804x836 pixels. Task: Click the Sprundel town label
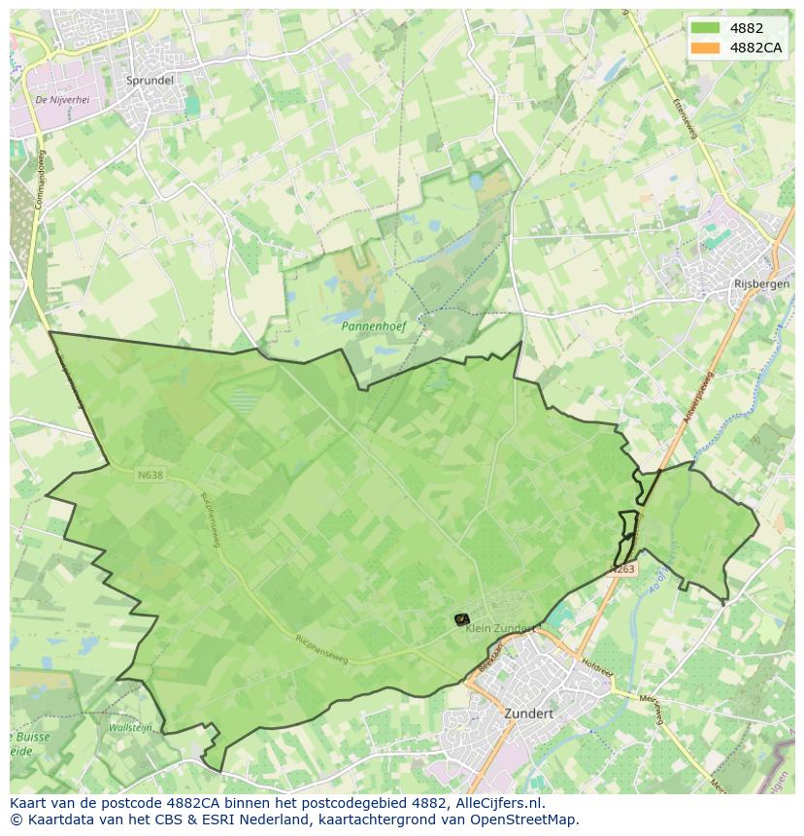pos(150,81)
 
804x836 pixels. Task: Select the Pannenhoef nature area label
pos(373,326)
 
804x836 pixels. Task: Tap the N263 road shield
pos(622,569)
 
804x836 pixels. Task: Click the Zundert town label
pos(528,713)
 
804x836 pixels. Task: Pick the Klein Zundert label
pos(499,628)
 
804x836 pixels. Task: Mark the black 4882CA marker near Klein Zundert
pos(461,619)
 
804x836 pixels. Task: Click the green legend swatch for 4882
pos(705,28)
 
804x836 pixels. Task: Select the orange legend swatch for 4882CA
pos(705,48)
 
